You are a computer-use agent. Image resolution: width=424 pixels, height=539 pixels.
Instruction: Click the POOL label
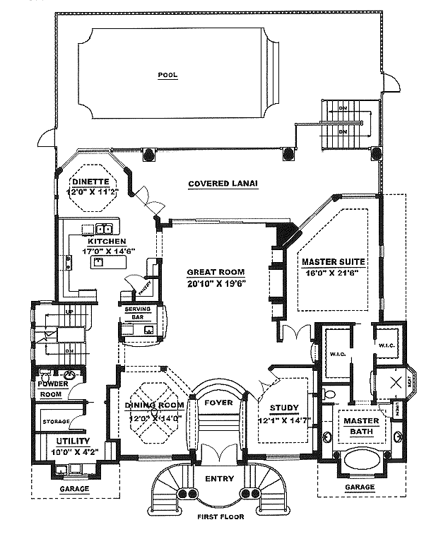[x=167, y=73]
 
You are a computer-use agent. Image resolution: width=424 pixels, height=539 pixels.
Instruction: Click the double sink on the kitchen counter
[x=103, y=228]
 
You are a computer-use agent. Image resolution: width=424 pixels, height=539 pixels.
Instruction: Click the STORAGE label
[x=56, y=422]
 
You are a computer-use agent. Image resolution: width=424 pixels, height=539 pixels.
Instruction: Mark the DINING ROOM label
[x=153, y=405]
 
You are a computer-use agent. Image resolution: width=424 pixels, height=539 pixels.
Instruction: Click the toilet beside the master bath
[x=326, y=394]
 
